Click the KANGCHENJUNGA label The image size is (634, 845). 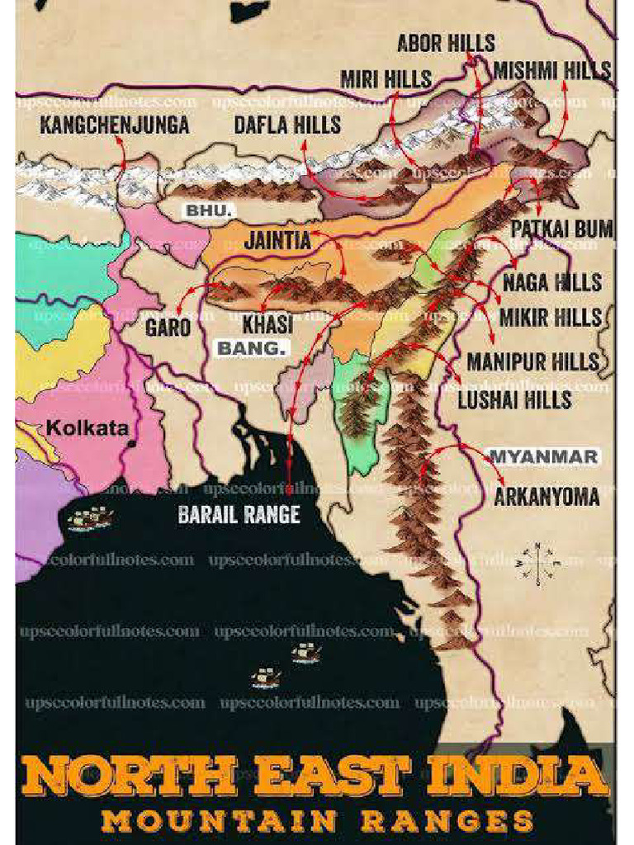115,125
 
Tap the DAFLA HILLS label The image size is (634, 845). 287,125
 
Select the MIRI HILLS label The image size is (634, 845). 386,79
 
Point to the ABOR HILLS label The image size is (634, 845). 446,43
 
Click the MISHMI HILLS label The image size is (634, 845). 552,70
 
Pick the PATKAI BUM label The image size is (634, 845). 561,229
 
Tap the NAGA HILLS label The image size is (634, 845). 552,282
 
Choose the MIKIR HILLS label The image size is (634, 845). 551,318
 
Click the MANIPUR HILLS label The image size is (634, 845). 533,361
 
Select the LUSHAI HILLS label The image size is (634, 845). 515,399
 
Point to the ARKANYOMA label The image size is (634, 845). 546,498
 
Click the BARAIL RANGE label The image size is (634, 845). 239,514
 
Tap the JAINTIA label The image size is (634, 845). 277,240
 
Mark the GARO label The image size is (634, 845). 168,327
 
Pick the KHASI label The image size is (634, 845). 268,324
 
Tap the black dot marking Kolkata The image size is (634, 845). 131,443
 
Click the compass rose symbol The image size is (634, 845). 537,564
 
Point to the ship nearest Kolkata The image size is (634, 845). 91,518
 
